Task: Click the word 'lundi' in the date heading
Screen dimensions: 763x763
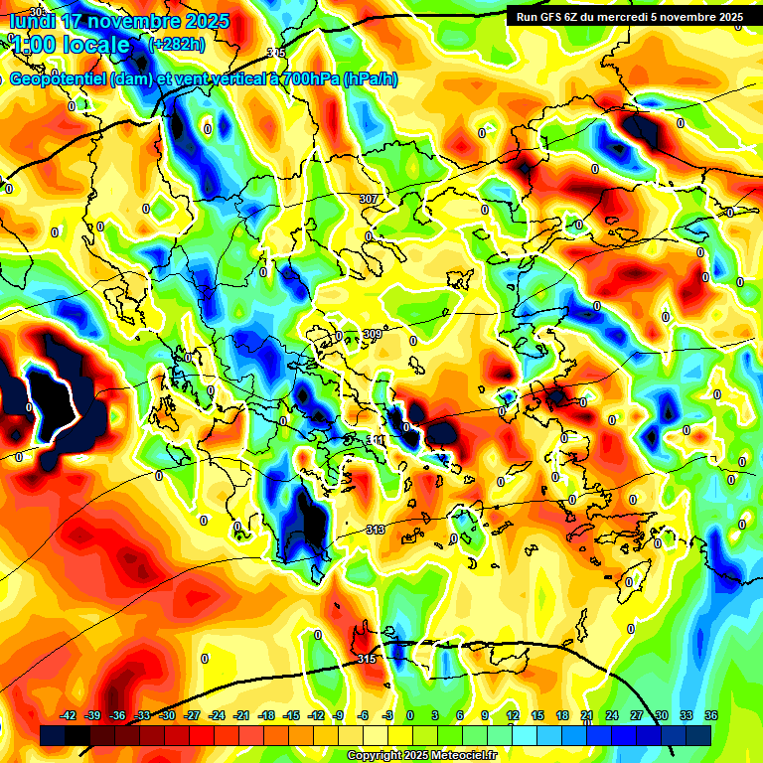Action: coord(34,21)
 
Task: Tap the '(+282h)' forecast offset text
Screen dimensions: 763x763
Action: coord(177,44)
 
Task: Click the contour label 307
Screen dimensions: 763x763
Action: coord(369,199)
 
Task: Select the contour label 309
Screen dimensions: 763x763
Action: coord(373,334)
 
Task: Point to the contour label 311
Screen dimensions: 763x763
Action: coord(377,439)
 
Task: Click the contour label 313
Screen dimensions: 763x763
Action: coord(376,530)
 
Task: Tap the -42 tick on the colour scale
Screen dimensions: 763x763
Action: coord(68,715)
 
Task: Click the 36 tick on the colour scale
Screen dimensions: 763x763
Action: coord(711,715)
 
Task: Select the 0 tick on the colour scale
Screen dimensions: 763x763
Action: coord(411,715)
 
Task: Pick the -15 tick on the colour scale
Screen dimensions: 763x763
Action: coord(291,715)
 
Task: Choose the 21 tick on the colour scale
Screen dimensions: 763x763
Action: coord(587,715)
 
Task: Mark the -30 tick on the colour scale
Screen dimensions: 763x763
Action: coord(167,715)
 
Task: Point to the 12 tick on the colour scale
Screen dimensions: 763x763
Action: coord(513,715)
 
